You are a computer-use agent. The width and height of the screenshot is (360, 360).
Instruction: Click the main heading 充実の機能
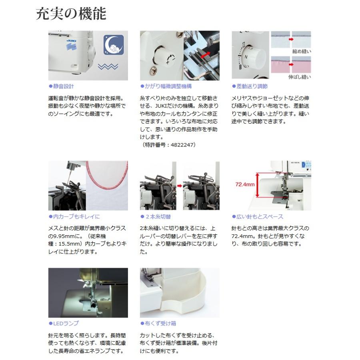(71, 14)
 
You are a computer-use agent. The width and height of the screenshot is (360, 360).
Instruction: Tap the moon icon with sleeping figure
(114, 45)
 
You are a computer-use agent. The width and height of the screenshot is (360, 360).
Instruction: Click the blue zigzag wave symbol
(108, 66)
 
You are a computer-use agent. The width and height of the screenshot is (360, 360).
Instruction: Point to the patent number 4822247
(182, 145)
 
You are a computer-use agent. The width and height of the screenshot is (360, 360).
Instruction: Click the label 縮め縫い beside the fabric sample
(302, 51)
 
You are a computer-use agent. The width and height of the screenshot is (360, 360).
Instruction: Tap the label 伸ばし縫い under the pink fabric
(300, 77)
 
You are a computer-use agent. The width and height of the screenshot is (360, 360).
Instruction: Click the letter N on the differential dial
(246, 57)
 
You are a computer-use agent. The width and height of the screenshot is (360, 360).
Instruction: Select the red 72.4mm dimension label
(245, 184)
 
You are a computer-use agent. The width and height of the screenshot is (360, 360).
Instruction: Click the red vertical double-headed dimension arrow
(257, 185)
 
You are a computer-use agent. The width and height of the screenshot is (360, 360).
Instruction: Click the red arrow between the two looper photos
(180, 186)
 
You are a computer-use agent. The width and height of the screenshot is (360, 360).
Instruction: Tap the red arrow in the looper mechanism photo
(206, 55)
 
